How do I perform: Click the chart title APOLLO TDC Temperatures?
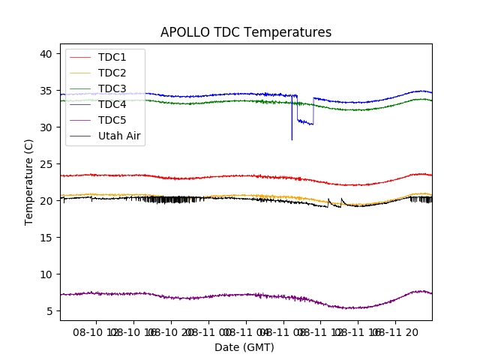tap(246, 32)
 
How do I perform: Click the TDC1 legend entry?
tap(112, 57)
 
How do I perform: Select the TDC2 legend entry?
tap(112, 73)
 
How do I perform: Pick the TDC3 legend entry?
tap(112, 88)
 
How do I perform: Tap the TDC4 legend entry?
tap(112, 104)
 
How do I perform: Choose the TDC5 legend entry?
tap(112, 120)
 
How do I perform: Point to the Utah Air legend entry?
tap(119, 136)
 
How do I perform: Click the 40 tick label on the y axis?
tap(46, 54)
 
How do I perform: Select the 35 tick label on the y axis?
tap(46, 91)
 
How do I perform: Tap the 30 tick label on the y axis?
tap(46, 127)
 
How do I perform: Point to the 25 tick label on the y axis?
tap(46, 164)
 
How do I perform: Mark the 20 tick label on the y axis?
tap(46, 201)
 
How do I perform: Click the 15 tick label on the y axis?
tap(46, 238)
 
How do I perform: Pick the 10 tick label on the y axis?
tap(46, 274)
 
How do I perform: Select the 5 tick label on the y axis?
tap(49, 311)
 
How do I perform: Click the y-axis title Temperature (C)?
tap(29, 181)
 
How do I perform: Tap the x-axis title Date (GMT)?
tap(244, 347)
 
